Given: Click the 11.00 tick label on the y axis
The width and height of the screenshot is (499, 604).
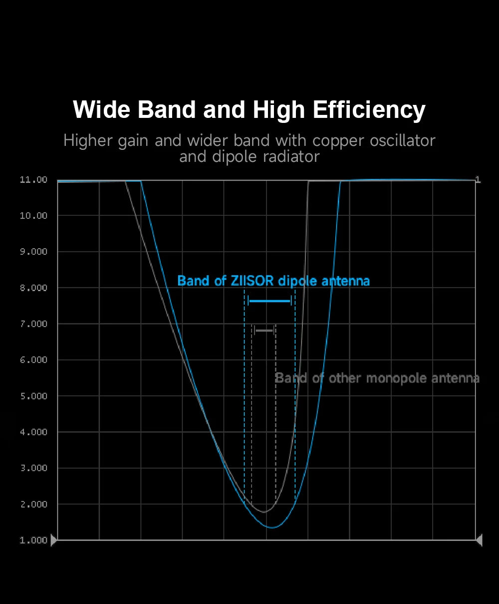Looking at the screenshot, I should [x=33, y=180].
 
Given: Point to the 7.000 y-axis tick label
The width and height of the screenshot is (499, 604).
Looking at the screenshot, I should [x=33, y=324].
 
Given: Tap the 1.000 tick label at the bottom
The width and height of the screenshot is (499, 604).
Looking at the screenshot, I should [x=33, y=541].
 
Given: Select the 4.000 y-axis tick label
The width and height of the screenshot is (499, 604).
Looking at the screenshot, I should [x=33, y=432].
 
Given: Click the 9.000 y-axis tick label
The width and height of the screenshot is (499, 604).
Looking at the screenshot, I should [x=33, y=252].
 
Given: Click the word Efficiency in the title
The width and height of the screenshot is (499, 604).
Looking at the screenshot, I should [x=369, y=110].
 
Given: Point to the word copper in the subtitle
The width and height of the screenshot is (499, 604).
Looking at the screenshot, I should [x=339, y=141].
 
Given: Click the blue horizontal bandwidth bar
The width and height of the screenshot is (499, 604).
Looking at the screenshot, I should [x=269, y=301].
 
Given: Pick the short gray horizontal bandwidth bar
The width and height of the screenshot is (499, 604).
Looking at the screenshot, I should [x=264, y=331].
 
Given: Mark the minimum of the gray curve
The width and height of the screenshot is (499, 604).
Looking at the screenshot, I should [x=264, y=512].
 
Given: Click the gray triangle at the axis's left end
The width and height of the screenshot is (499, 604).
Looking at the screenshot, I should [x=54, y=540].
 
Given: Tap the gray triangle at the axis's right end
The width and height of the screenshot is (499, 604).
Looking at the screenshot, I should [x=479, y=540].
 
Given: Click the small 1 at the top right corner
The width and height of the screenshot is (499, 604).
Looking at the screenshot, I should [x=478, y=180].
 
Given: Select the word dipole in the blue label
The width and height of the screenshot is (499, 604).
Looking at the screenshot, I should [x=298, y=281].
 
